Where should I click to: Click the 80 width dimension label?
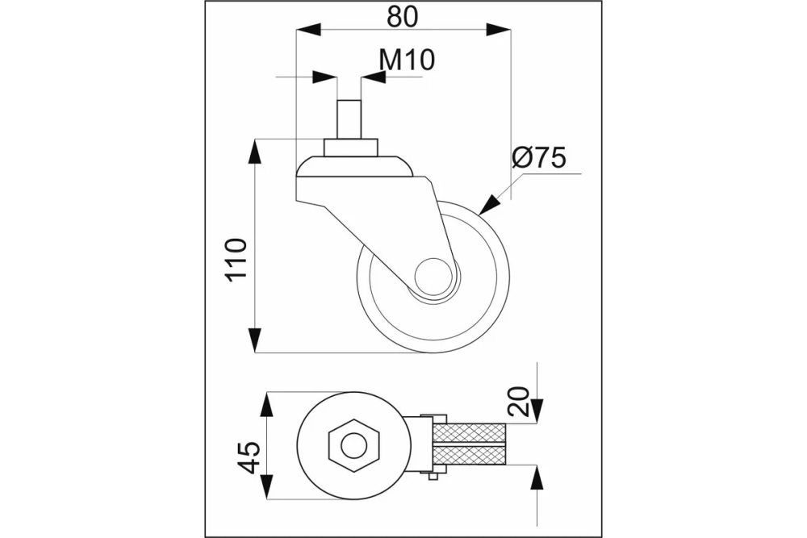(403, 16)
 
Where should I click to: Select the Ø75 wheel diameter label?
(539, 157)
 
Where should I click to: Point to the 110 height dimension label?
(237, 259)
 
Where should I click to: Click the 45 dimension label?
(249, 457)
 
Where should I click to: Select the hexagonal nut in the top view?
(353, 445)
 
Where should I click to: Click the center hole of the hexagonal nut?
(353, 445)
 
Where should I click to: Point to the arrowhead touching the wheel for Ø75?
(488, 204)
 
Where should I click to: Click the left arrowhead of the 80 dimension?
(308, 30)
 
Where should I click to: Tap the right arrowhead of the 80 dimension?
(499, 30)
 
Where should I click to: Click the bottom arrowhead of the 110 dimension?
(255, 340)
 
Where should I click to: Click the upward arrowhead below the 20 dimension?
(537, 478)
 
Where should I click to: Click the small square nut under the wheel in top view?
(433, 477)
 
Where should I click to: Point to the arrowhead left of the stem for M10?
(325, 77)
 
